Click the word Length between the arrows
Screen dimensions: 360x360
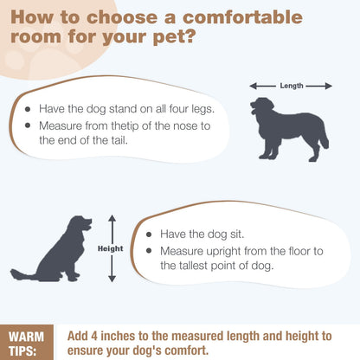tap(292, 86)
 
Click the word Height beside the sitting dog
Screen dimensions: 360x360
tap(111, 248)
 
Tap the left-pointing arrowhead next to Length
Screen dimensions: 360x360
tap(254, 86)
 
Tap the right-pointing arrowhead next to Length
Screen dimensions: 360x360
tap(329, 86)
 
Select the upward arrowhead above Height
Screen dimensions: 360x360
tap(112, 218)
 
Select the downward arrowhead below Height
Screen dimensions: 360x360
tap(112, 279)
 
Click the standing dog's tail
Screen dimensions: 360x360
tap(325, 136)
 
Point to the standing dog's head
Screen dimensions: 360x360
tap(261, 106)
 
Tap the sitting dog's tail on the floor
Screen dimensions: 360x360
tap(24, 274)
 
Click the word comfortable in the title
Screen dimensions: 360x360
tap(242, 17)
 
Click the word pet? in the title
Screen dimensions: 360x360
tap(175, 37)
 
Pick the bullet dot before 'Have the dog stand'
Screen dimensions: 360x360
tap(28, 109)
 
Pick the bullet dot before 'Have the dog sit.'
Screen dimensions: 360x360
tap(149, 235)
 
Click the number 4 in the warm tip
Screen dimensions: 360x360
tap(93, 337)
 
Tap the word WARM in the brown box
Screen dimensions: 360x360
tap(26, 337)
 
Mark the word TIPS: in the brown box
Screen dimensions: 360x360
tap(22, 351)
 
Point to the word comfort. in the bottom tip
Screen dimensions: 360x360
tap(185, 350)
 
